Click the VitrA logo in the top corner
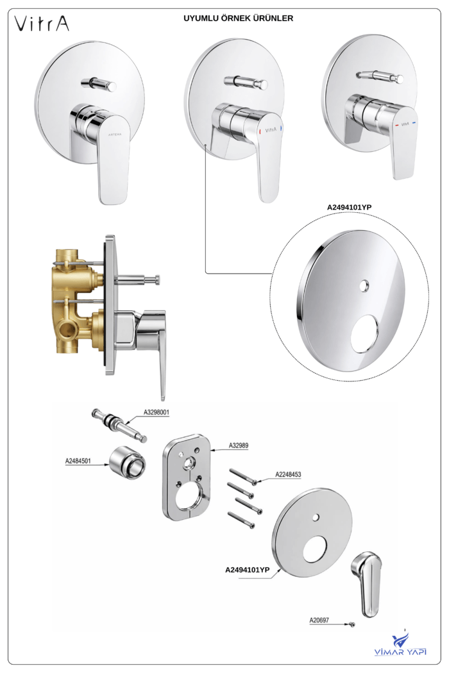pos(42,24)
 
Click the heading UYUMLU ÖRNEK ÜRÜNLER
pos(239,19)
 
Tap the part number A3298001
pos(157,413)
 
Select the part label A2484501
pos(78,461)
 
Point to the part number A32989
pos(239,445)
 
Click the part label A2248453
pos(288,474)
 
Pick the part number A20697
pos(319,620)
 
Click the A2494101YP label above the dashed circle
pos(350,207)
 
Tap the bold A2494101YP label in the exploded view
pos(248,570)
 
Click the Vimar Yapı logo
pos(400,643)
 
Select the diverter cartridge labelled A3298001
pos(119,426)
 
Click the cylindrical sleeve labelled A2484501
pos(127,463)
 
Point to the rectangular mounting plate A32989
pos(187,476)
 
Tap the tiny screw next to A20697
pos(352,624)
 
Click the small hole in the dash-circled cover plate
pos(364,285)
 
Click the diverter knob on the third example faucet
pos(380,77)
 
